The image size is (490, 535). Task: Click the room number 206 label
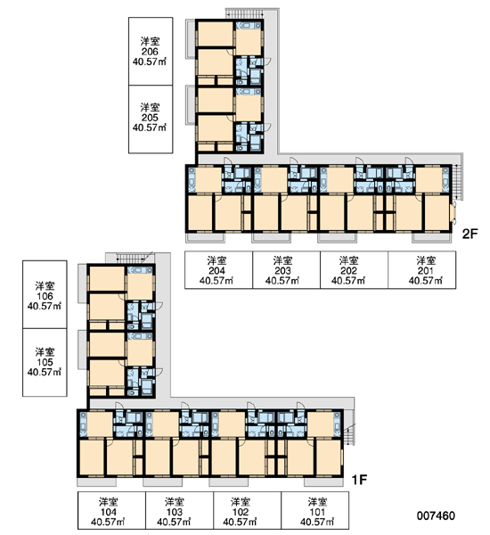click(x=150, y=52)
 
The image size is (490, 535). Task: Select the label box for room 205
click(x=151, y=119)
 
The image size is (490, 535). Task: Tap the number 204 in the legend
click(x=216, y=271)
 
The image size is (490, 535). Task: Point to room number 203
click(x=282, y=271)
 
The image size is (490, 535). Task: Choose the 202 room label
click(x=349, y=271)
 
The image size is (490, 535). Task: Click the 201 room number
click(x=426, y=271)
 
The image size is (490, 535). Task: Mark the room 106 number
click(x=45, y=296)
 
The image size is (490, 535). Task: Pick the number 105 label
click(x=45, y=362)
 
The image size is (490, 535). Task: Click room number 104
click(x=109, y=512)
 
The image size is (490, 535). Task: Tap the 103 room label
click(x=175, y=512)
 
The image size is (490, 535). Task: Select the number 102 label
click(x=241, y=512)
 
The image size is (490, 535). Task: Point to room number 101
click(x=317, y=512)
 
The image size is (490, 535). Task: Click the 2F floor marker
click(x=470, y=234)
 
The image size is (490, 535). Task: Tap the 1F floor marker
click(x=359, y=480)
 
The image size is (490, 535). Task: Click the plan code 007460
click(x=436, y=516)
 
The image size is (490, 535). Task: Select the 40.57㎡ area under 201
click(x=426, y=281)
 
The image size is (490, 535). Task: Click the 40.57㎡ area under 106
click(x=45, y=306)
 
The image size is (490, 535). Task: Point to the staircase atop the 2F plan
click(x=244, y=13)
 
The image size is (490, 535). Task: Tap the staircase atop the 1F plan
click(x=135, y=258)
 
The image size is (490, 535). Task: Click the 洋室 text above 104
click(x=109, y=502)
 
